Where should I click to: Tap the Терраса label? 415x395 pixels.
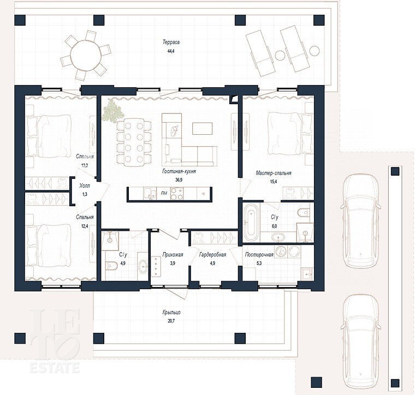pyautogui.click(x=171, y=42)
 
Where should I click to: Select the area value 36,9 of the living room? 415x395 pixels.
pyautogui.click(x=179, y=180)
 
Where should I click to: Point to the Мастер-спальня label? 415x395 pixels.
pyautogui.click(x=274, y=173)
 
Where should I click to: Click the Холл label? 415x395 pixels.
pyautogui.click(x=85, y=186)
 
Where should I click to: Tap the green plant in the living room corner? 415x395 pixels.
pyautogui.click(x=112, y=111)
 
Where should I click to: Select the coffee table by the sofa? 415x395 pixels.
pyautogui.click(x=202, y=129)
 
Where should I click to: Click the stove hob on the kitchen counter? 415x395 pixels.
pyautogui.click(x=177, y=194)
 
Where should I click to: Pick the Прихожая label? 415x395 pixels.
pyautogui.click(x=173, y=255)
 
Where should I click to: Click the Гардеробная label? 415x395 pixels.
pyautogui.click(x=212, y=255)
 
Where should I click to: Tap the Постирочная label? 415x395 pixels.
pyautogui.click(x=259, y=255)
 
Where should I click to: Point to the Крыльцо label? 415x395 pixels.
pyautogui.click(x=171, y=313)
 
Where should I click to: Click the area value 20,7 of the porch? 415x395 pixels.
pyautogui.click(x=171, y=321)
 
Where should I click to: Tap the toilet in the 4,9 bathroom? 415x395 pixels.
pyautogui.click(x=111, y=266)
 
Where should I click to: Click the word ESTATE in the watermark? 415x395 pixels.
pyautogui.click(x=55, y=368)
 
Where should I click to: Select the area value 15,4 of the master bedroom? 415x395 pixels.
pyautogui.click(x=274, y=182)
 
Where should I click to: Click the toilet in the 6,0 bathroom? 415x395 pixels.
pyautogui.click(x=304, y=212)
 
